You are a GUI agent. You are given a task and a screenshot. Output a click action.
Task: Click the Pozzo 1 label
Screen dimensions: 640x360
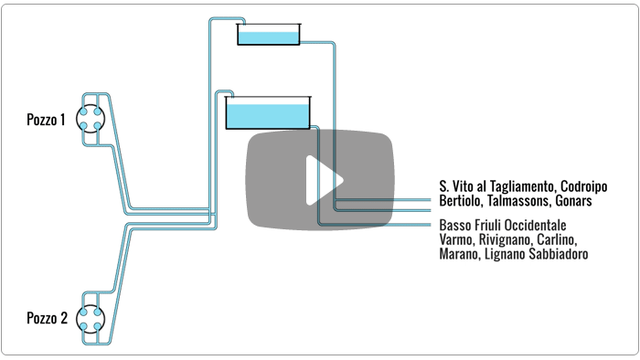click(x=46, y=120)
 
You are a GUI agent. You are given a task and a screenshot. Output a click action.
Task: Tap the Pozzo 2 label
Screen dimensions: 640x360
click(x=47, y=318)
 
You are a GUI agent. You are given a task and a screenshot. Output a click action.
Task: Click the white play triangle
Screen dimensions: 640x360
click(x=324, y=180)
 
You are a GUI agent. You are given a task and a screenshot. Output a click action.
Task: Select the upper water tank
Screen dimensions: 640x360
click(x=269, y=34)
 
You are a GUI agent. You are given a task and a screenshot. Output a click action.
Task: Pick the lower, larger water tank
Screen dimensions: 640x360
click(x=268, y=113)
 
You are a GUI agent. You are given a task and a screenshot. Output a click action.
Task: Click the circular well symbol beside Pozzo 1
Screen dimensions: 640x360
click(x=91, y=118)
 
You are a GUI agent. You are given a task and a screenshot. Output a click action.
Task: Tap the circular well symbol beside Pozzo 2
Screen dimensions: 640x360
click(x=91, y=319)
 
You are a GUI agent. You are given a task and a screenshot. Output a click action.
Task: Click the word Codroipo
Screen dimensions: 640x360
click(x=583, y=186)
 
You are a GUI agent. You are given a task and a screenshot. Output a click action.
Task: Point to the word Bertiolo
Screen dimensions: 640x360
click(x=456, y=201)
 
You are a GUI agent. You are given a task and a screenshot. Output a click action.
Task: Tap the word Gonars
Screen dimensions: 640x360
click(x=573, y=201)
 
